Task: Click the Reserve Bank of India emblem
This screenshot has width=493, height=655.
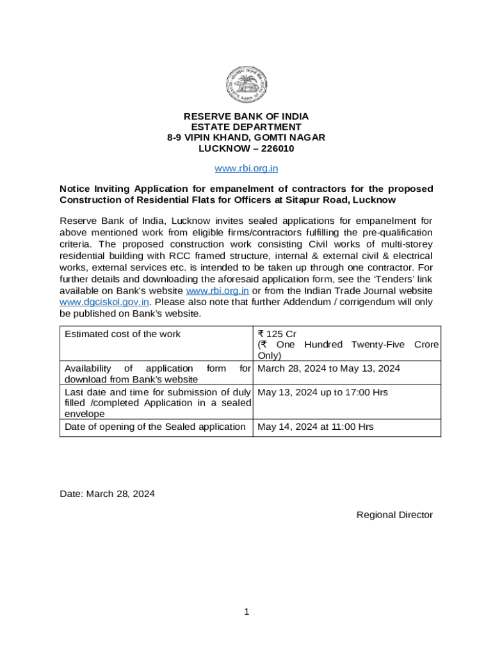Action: (246, 85)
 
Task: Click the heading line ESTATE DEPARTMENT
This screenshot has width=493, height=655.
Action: (246, 127)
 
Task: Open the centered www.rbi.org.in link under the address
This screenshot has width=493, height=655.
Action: (246, 169)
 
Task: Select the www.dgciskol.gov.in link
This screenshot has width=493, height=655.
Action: (104, 302)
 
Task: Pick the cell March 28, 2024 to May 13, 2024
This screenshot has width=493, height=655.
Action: (328, 368)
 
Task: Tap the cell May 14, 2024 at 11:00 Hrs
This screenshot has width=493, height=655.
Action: (315, 427)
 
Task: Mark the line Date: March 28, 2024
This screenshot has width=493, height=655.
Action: (107, 494)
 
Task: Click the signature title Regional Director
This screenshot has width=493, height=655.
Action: (394, 515)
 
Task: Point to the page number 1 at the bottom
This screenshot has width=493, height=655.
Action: (247, 612)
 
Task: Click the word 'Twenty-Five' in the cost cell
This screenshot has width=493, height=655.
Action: (378, 345)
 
